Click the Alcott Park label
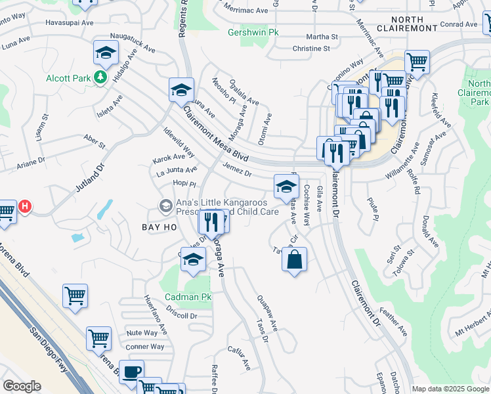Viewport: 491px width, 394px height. pos(68,78)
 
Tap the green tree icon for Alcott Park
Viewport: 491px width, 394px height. pos(100,78)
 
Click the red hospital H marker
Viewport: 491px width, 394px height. pos(25,207)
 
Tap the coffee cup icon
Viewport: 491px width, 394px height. pos(132,371)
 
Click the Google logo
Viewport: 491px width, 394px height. pos(22,385)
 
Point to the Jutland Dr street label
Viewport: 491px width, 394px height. pos(89,178)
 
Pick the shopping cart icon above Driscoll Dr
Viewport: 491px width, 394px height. pos(75,295)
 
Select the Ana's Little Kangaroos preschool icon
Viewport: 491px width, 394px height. pos(166,207)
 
